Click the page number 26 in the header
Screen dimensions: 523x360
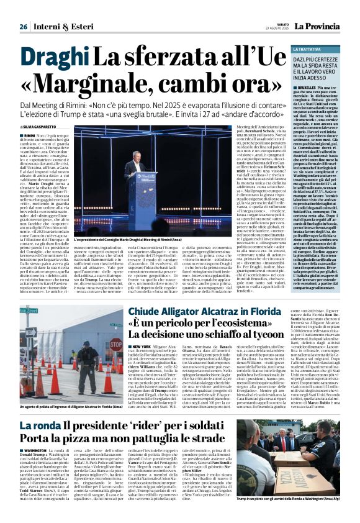[x=23, y=27]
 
